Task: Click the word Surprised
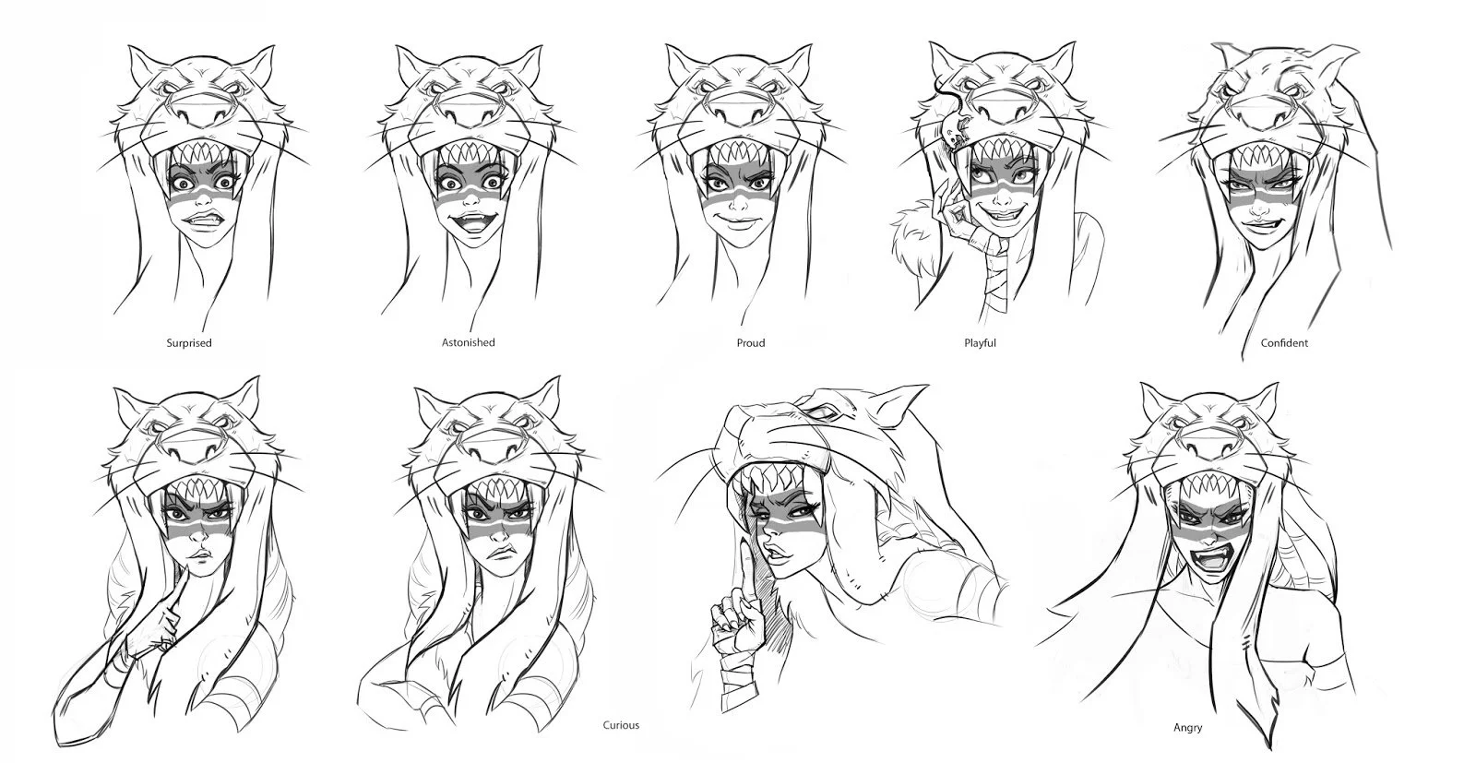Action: tap(188, 343)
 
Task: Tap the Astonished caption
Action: tap(468, 342)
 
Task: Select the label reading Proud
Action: tap(751, 343)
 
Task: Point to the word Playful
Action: tap(980, 343)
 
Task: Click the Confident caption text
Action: tap(1284, 343)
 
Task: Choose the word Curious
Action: tap(620, 725)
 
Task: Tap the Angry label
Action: tap(1187, 728)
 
